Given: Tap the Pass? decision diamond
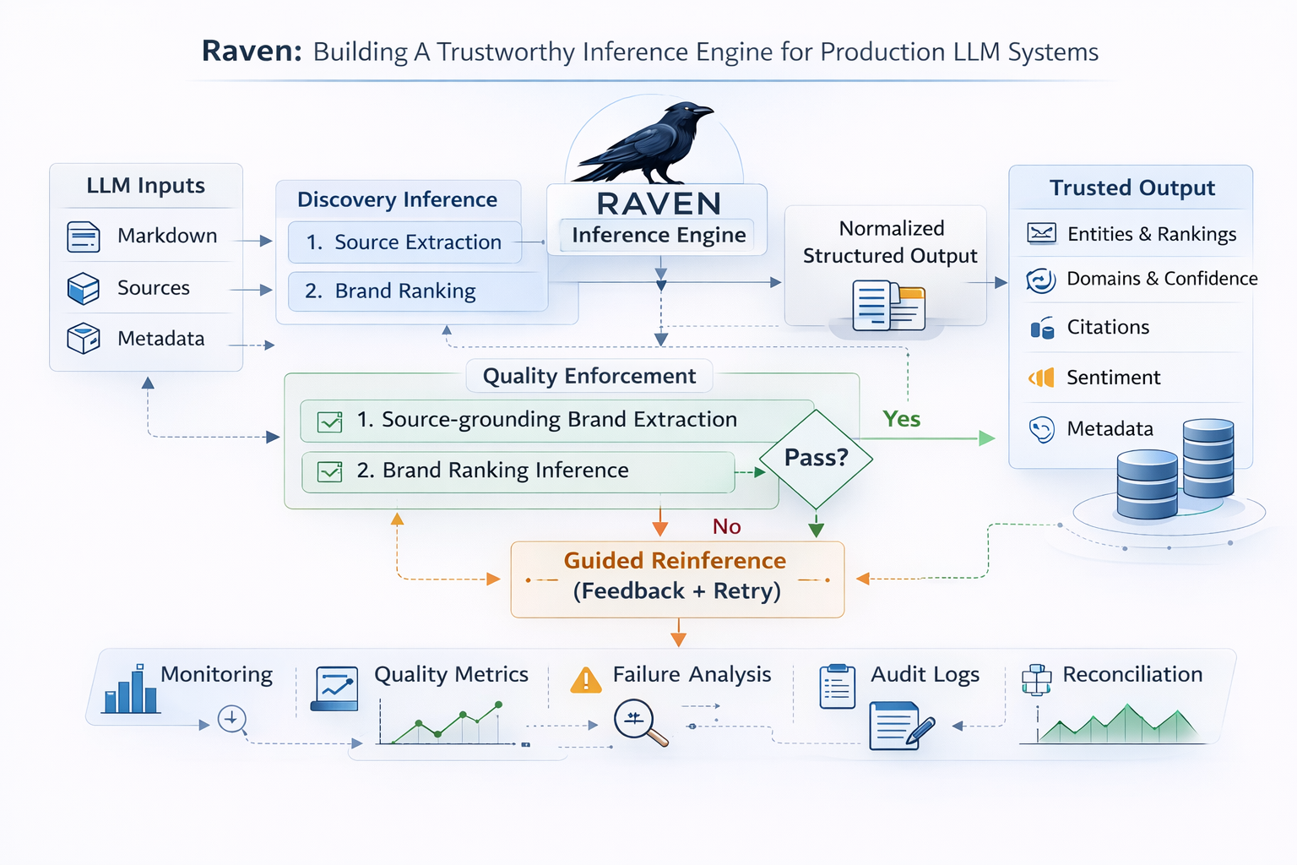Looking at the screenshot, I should click(816, 458).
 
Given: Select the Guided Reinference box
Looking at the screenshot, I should click(677, 578).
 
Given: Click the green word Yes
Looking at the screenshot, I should click(901, 419).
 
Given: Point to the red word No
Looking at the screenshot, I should click(726, 527).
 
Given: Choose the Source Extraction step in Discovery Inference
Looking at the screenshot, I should click(404, 242).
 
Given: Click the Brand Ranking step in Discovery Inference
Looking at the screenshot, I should click(404, 291).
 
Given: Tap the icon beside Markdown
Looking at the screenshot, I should click(84, 237).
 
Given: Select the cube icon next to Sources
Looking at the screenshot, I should click(84, 289).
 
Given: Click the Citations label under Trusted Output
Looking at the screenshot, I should click(1108, 328).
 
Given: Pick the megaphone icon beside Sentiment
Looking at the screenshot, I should click(1042, 378).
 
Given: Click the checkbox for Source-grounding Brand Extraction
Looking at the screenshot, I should click(329, 422).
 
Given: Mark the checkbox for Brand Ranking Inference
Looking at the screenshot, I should click(329, 471).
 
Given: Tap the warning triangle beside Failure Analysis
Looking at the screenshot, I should click(586, 680).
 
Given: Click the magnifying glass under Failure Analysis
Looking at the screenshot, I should click(639, 722).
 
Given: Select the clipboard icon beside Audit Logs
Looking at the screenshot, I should click(837, 686).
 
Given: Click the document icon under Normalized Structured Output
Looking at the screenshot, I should click(887, 306).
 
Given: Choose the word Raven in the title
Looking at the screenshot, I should click(252, 52).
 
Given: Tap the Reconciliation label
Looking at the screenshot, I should click(1132, 675).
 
